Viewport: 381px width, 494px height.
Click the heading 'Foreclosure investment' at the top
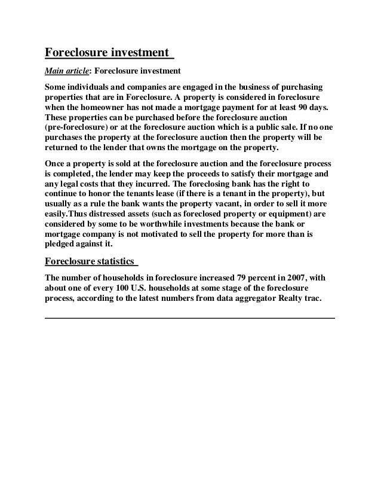(x=108, y=53)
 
